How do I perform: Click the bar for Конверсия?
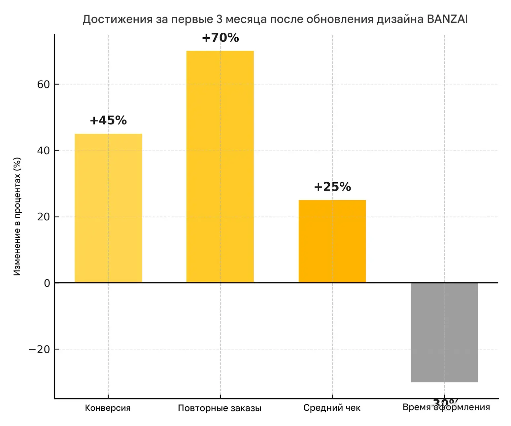pyautogui.click(x=108, y=208)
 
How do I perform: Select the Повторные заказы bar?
pyautogui.click(x=220, y=167)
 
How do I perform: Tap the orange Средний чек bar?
pyautogui.click(x=332, y=241)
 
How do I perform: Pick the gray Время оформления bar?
pyautogui.click(x=444, y=332)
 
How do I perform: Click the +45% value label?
pyautogui.click(x=108, y=121)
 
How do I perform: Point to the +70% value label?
pyautogui.click(x=220, y=38)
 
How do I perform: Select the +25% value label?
pyautogui.click(x=332, y=187)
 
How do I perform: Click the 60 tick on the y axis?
pyautogui.click(x=43, y=85)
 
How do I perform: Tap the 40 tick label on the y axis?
pyautogui.click(x=43, y=151)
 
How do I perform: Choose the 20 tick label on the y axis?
pyautogui.click(x=43, y=217)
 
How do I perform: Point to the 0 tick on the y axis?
pyautogui.click(x=47, y=283)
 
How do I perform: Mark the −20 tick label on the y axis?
pyautogui.click(x=39, y=349)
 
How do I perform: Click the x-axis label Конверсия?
pyautogui.click(x=108, y=408)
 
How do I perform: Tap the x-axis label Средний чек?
pyautogui.click(x=332, y=408)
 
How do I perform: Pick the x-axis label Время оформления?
pyautogui.click(x=446, y=408)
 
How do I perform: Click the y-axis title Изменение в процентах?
pyautogui.click(x=17, y=216)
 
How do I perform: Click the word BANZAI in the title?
pyautogui.click(x=447, y=19)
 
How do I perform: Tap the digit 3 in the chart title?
pyautogui.click(x=220, y=19)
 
